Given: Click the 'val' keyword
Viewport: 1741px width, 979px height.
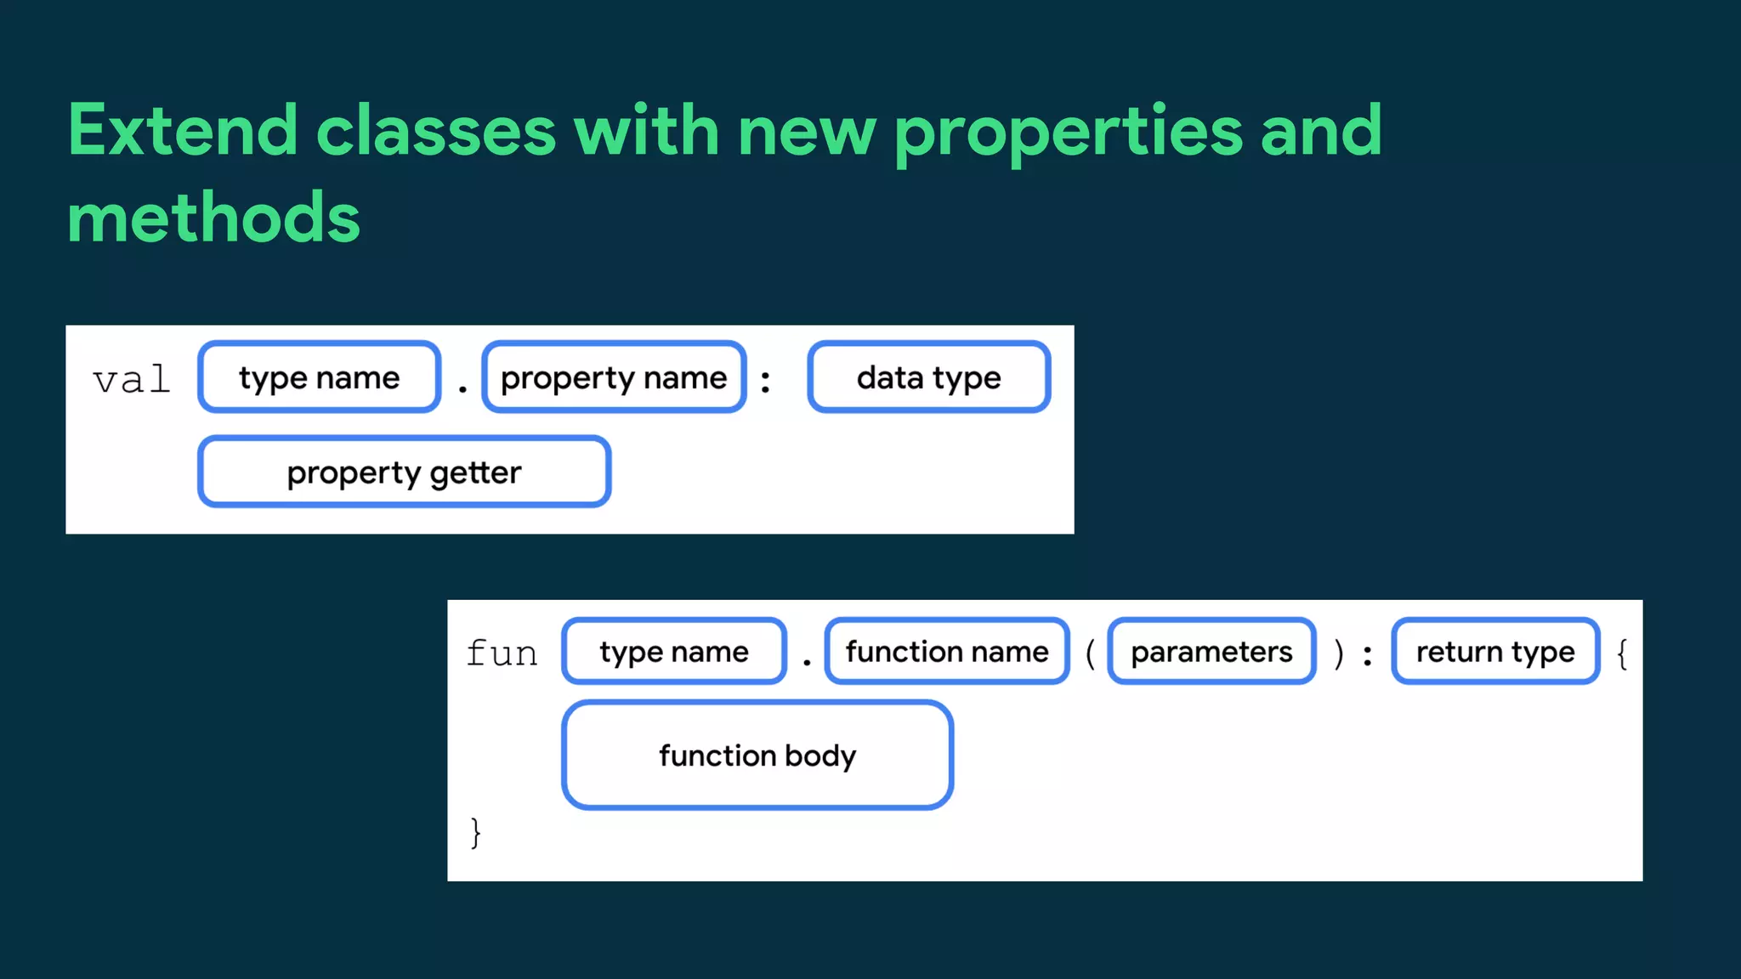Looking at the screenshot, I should coord(132,379).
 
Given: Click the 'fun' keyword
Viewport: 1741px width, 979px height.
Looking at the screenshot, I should coord(502,653).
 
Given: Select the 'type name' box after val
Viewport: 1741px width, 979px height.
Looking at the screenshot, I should coord(319,377).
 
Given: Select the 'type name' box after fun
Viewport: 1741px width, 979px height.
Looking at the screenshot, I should coord(673,652).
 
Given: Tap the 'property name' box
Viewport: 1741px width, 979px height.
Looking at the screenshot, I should coord(614,377).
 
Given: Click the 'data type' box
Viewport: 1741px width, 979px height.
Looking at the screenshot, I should coord(928,377).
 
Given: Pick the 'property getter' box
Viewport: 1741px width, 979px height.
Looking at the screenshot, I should coord(404,473).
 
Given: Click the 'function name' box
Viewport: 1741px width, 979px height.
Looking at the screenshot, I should coord(947,652).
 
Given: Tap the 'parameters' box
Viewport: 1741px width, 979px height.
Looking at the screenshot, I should coord(1211,652).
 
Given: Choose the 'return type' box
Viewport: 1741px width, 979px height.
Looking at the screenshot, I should coord(1495,652).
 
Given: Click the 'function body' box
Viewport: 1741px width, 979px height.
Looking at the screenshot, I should coord(757,755).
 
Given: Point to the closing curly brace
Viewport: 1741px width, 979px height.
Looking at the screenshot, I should coord(476,832).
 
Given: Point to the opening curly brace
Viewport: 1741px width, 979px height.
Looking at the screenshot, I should coord(1622,654).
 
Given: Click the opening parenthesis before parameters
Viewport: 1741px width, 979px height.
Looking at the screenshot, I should coord(1090,654).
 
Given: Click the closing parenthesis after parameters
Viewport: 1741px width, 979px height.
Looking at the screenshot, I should coord(1339,654).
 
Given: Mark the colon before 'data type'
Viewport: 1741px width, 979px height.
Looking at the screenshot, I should coord(765,382).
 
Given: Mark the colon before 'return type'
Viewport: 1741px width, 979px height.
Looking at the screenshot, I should coord(1367,655).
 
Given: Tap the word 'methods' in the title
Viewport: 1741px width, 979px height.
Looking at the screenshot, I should coord(213,218).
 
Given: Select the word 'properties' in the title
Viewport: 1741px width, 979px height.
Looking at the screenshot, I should coord(1069,132).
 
